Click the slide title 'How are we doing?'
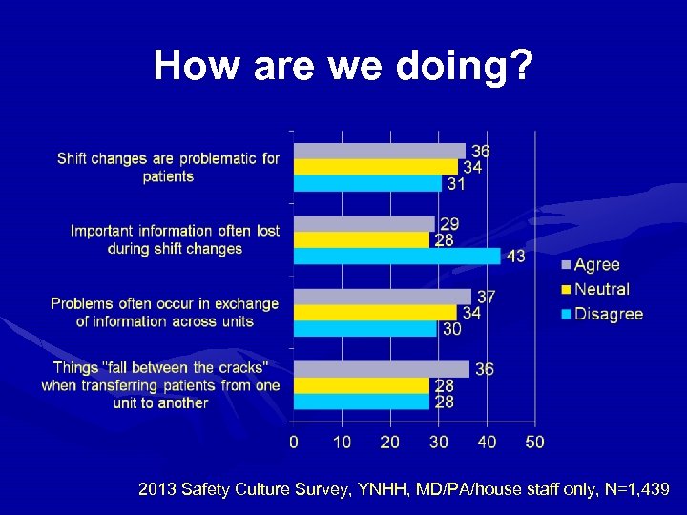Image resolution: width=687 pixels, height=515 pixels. (x=343, y=66)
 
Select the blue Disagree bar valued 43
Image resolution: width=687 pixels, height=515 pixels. (x=396, y=256)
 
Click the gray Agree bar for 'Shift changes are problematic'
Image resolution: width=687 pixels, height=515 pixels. (x=379, y=151)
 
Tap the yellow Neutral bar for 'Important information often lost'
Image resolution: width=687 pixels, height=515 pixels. (x=361, y=240)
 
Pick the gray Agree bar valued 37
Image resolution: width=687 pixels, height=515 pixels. (x=382, y=297)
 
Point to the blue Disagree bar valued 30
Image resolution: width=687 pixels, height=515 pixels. (x=364, y=329)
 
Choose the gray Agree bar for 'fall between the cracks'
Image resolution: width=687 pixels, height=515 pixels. (x=381, y=369)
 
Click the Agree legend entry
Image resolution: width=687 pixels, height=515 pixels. (x=596, y=265)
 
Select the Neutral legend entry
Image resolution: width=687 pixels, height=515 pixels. (x=601, y=289)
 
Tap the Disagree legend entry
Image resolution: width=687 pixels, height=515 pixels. (x=608, y=314)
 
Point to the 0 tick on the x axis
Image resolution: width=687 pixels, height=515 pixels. (x=294, y=443)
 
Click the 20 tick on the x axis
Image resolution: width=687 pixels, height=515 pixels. (x=390, y=443)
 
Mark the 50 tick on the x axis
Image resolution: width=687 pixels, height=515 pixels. (x=535, y=443)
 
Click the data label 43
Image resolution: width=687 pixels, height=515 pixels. (x=514, y=257)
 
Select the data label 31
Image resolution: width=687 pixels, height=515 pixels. (x=456, y=184)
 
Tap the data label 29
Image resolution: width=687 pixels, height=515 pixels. (x=449, y=224)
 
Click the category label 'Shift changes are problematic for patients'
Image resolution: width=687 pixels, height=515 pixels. (x=168, y=167)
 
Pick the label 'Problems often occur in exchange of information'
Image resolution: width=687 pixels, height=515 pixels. (x=165, y=313)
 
